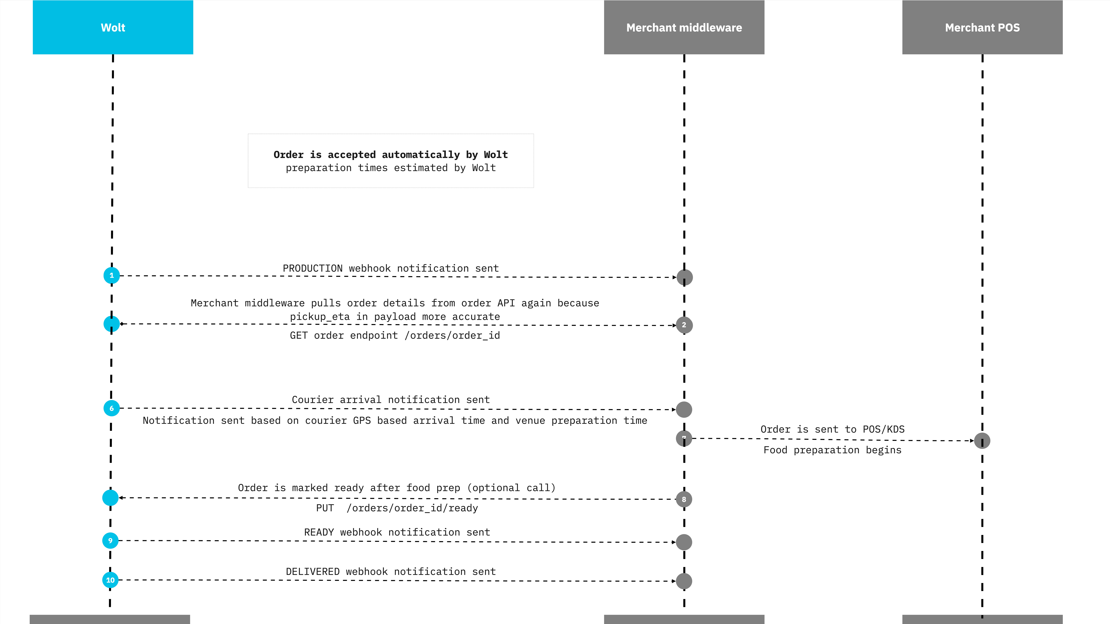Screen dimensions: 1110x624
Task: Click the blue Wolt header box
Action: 113,27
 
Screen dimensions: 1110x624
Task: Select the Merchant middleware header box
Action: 684,27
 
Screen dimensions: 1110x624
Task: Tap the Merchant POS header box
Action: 983,27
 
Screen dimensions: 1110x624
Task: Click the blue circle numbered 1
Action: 112,275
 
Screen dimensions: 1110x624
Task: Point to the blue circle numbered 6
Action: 112,408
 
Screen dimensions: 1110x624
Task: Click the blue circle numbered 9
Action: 110,540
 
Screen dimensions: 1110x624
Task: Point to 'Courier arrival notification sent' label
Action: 391,400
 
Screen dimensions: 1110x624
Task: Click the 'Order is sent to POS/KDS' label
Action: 833,429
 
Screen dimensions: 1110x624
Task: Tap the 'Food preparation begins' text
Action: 833,450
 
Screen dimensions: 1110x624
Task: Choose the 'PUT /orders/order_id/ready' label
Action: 397,508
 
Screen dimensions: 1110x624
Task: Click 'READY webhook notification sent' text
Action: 397,532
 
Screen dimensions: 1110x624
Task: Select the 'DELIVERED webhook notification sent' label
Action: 391,571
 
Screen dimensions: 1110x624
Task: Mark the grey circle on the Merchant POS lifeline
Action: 982,441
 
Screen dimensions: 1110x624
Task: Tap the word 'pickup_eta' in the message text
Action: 320,317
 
